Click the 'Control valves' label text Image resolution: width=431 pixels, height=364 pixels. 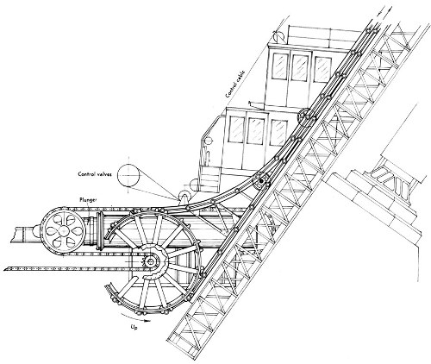pos(96,174)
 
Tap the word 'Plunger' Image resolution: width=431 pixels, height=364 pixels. pos(88,199)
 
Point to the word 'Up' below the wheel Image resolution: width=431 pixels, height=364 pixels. pos(134,327)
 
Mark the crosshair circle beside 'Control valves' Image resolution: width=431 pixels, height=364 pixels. pos(128,175)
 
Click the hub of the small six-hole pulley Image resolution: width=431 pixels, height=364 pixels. pos(63,231)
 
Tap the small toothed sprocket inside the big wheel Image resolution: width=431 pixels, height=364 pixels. pos(150,261)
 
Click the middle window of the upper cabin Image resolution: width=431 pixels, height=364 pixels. pos(301,67)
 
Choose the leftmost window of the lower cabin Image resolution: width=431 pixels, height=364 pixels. pos(237,129)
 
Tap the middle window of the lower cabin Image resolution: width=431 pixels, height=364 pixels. pos(256,131)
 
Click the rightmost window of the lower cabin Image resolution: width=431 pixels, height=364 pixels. pos(278,133)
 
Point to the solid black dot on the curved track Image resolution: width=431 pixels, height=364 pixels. pos(261,181)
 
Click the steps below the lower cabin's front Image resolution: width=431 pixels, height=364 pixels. pos(210,182)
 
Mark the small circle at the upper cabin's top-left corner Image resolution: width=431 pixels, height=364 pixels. pos(278,37)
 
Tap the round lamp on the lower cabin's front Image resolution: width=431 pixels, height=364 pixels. pos(208,141)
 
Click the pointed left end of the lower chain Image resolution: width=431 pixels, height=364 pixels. pos(5,269)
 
